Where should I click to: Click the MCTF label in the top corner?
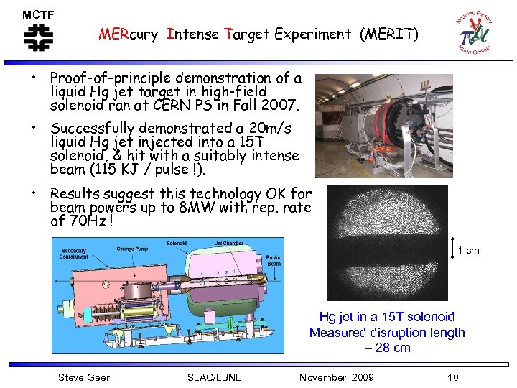(37, 14)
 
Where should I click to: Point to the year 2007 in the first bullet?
(281, 105)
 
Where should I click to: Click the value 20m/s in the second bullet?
(266, 129)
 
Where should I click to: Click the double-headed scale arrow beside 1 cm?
(452, 249)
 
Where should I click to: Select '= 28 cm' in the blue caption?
(387, 348)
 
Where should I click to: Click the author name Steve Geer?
(83, 377)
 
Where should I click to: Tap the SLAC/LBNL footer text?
(213, 377)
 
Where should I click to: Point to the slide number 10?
(452, 377)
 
